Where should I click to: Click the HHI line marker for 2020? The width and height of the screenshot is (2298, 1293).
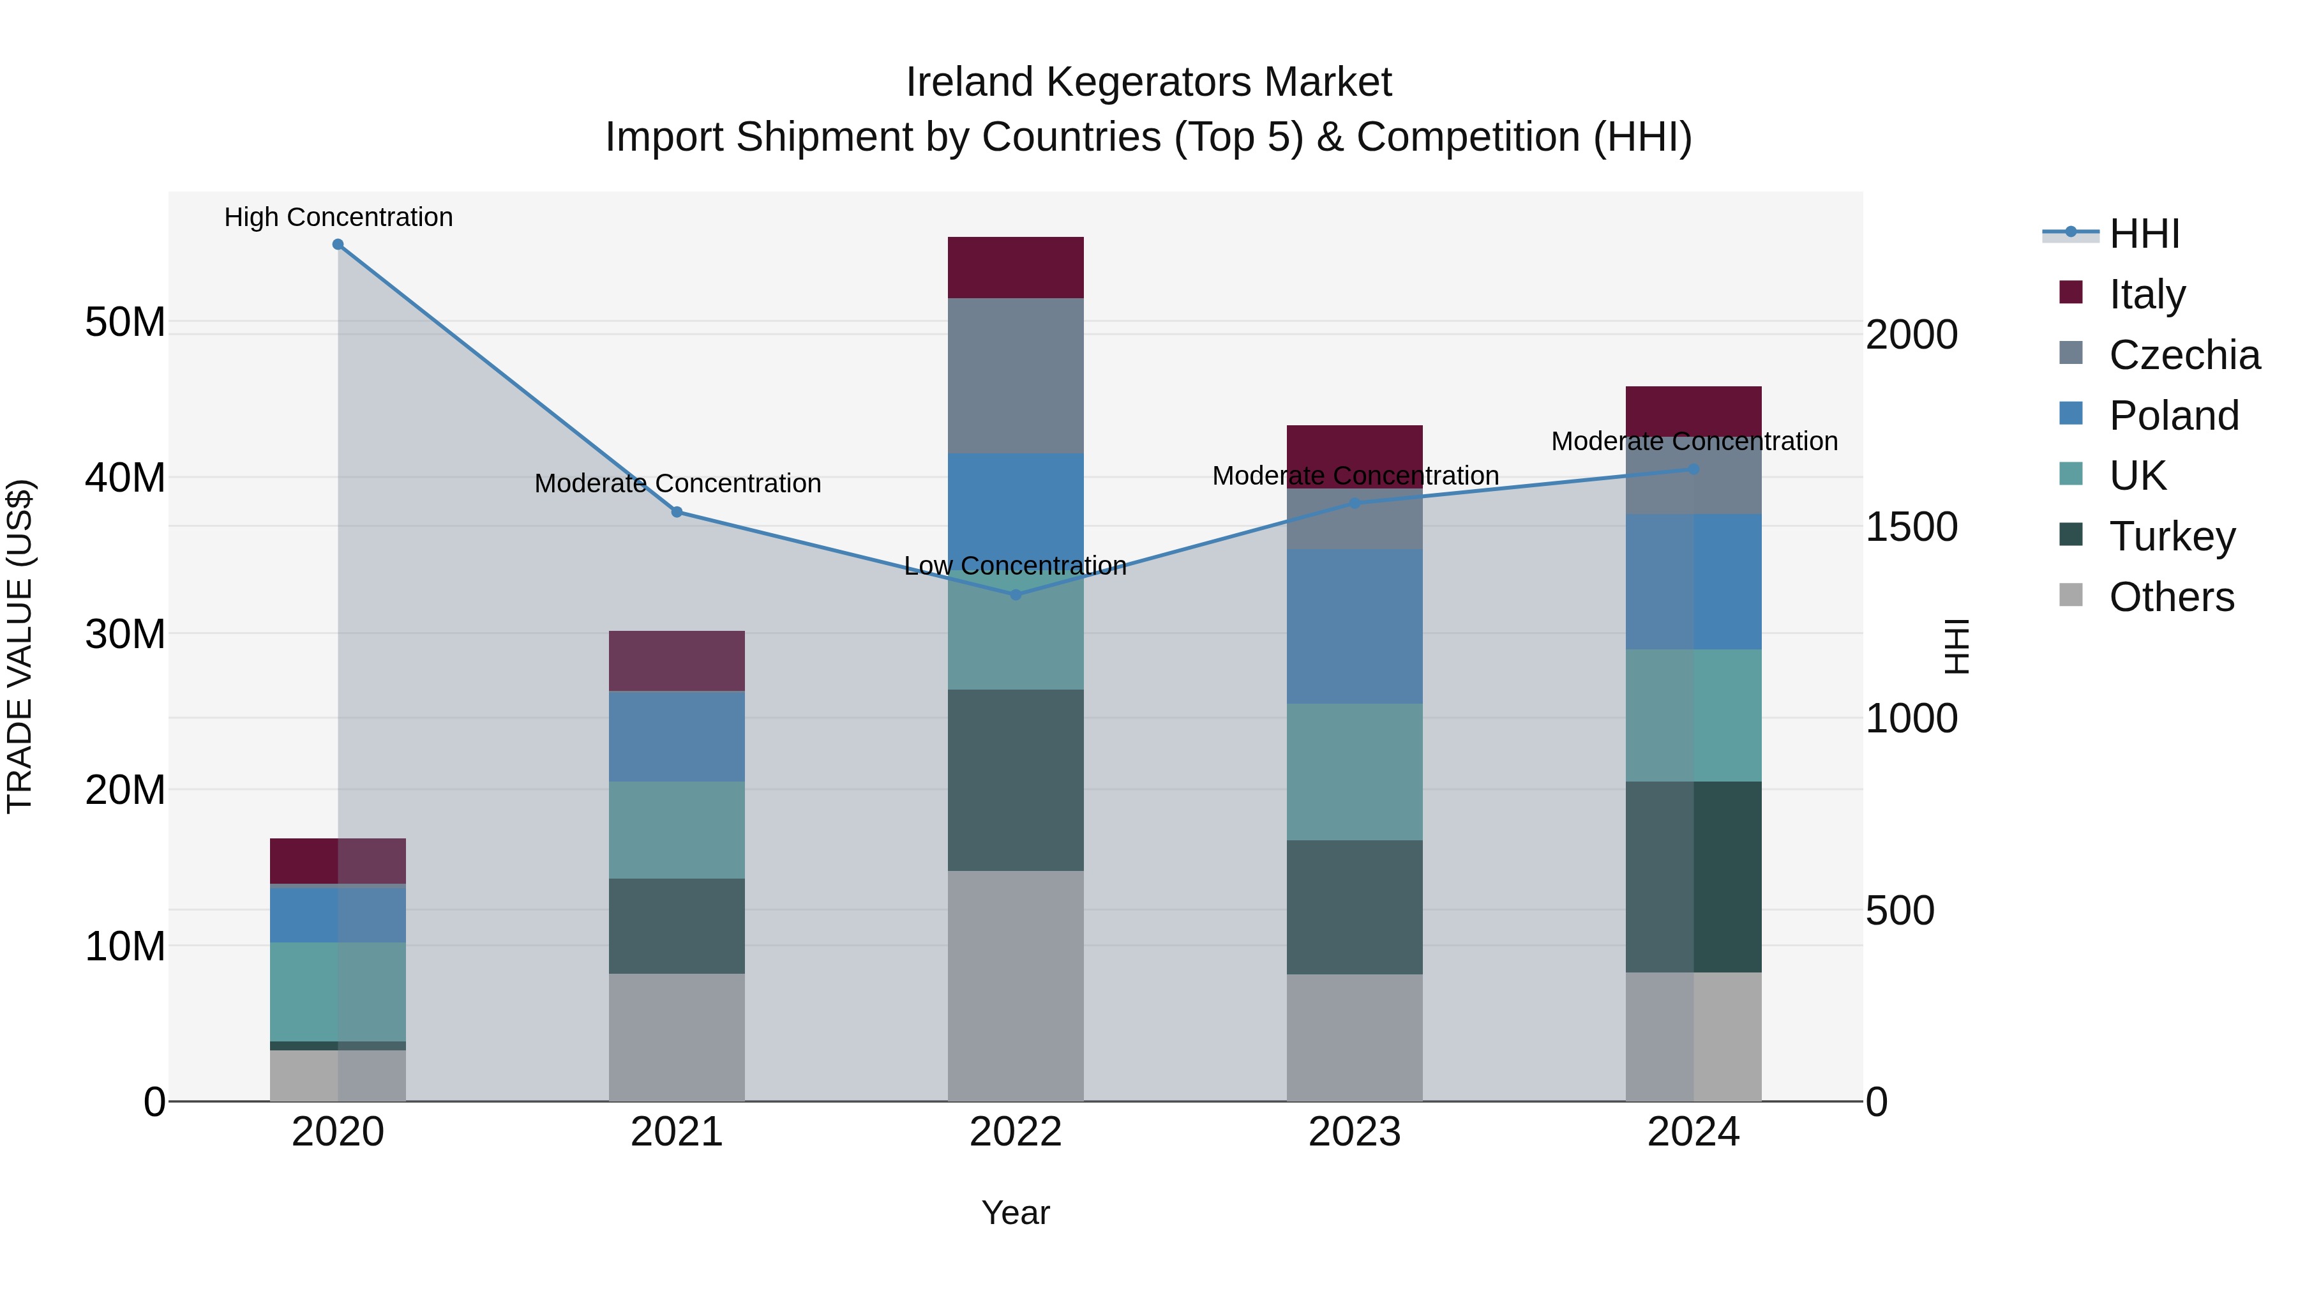pyautogui.click(x=338, y=245)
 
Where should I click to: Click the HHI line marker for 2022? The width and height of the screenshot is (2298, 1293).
pyautogui.click(x=1015, y=594)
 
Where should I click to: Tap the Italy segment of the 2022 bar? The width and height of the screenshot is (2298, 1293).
pyautogui.click(x=1015, y=268)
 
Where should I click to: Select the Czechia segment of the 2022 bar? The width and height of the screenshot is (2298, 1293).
pyautogui.click(x=1015, y=375)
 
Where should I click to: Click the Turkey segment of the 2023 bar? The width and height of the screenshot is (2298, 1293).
pyautogui.click(x=1354, y=907)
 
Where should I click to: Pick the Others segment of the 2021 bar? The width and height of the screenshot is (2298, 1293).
pyautogui.click(x=676, y=1037)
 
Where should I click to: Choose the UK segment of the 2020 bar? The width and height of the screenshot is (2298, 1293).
pyautogui.click(x=338, y=992)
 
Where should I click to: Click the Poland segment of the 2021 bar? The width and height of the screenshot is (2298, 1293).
pyautogui.click(x=676, y=736)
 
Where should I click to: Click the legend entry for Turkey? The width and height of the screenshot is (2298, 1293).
pyautogui.click(x=2172, y=536)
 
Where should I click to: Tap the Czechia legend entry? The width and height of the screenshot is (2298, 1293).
pyautogui.click(x=2183, y=355)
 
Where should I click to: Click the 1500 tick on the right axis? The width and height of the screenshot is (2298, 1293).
pyautogui.click(x=1911, y=527)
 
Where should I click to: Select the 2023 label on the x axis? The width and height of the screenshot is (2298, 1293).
pyautogui.click(x=1354, y=1132)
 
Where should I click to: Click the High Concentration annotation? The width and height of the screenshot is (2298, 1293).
pyautogui.click(x=338, y=217)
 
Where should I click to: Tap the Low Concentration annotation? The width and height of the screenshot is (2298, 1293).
pyautogui.click(x=1015, y=566)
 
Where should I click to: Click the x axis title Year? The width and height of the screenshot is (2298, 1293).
pyautogui.click(x=1015, y=1213)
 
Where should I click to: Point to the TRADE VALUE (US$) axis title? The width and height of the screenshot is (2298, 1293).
pyautogui.click(x=20, y=646)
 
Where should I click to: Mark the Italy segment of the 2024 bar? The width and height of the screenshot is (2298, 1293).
pyautogui.click(x=1693, y=411)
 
